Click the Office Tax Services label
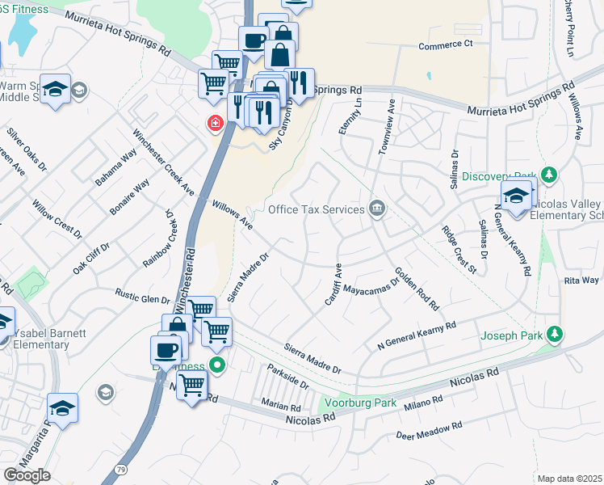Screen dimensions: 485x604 [317, 209]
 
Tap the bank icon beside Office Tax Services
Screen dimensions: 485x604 [377, 209]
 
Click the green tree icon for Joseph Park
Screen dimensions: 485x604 [554, 333]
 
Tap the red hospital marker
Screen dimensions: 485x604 [215, 124]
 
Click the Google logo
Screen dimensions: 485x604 [27, 475]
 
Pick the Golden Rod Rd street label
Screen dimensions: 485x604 [417, 289]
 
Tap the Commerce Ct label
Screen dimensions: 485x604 [445, 45]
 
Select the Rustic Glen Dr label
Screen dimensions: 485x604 [143, 297]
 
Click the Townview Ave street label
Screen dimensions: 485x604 [384, 127]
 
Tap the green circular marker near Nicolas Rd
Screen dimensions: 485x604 [217, 365]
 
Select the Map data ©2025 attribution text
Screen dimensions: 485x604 [569, 479]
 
